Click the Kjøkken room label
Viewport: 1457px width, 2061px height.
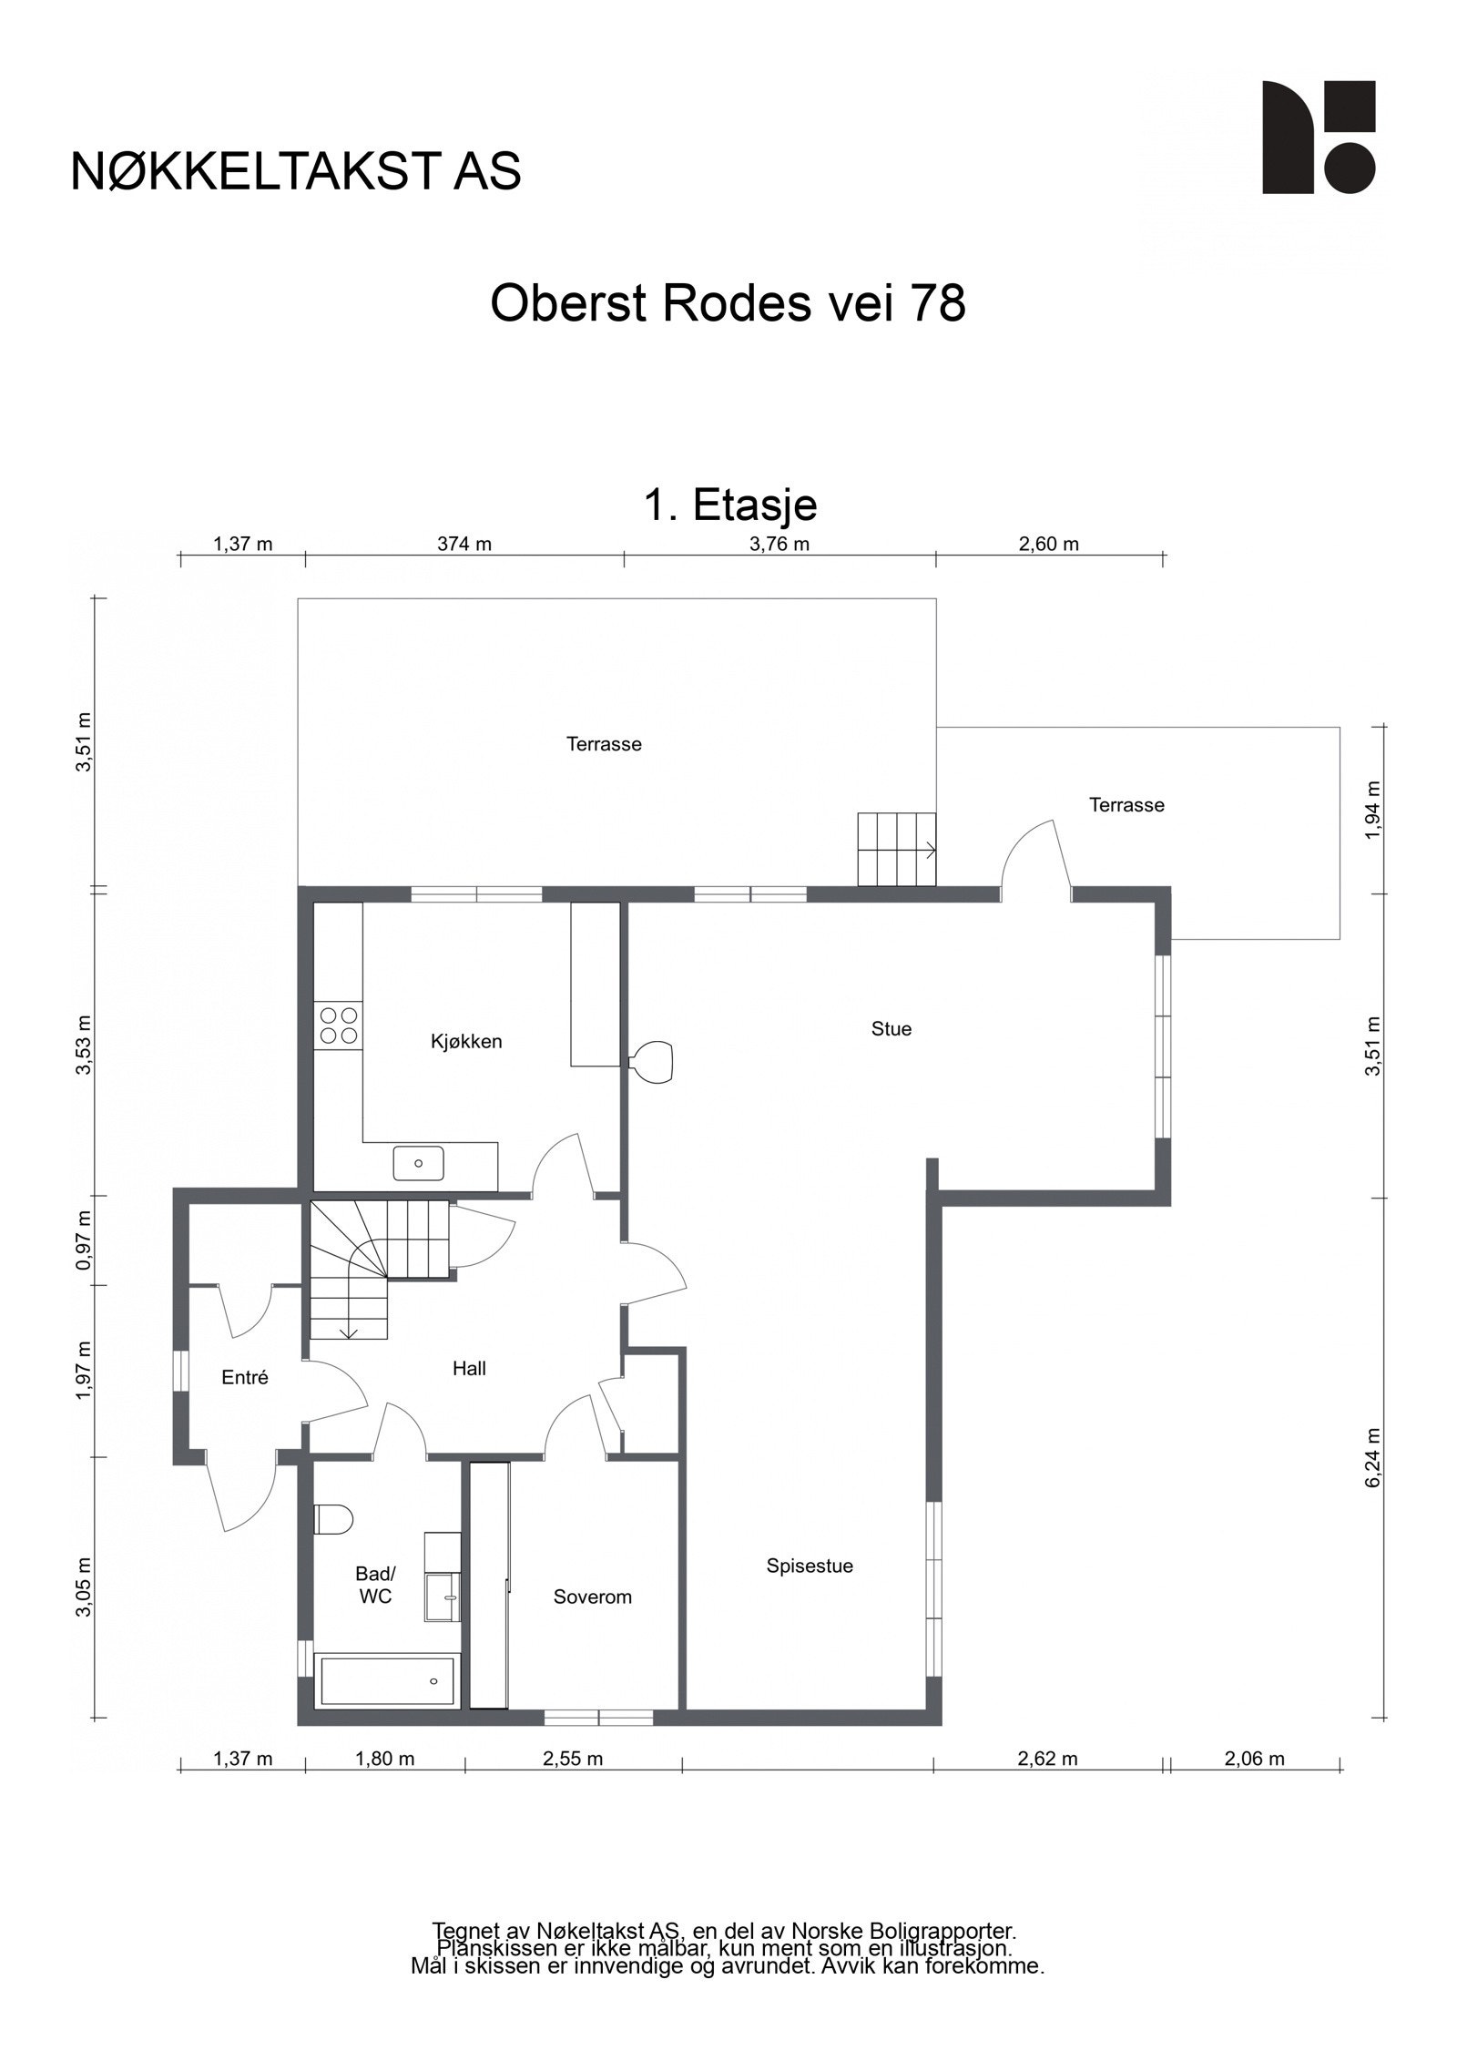coord(466,1042)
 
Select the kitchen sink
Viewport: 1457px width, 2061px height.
coord(419,1163)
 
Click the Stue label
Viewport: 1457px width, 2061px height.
coord(891,1029)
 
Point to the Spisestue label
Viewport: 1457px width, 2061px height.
coord(810,1566)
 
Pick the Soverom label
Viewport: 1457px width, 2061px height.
coord(593,1597)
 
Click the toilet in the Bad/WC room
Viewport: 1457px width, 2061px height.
coord(333,1519)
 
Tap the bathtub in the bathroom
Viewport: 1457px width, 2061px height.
coord(388,1680)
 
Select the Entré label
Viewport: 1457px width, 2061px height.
coord(245,1378)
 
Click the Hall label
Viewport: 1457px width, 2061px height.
coord(469,1368)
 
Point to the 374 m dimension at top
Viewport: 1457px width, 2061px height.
coord(464,545)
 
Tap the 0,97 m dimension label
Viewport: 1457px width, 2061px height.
coord(85,1240)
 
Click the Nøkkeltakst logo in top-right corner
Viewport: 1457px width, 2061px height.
coord(1319,138)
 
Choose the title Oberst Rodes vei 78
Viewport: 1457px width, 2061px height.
coord(728,303)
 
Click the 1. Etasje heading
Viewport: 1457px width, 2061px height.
coord(730,505)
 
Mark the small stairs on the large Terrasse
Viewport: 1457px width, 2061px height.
coord(897,849)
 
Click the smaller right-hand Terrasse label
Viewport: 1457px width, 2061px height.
coord(1126,805)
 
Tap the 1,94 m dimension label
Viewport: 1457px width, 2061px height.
coord(1374,811)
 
